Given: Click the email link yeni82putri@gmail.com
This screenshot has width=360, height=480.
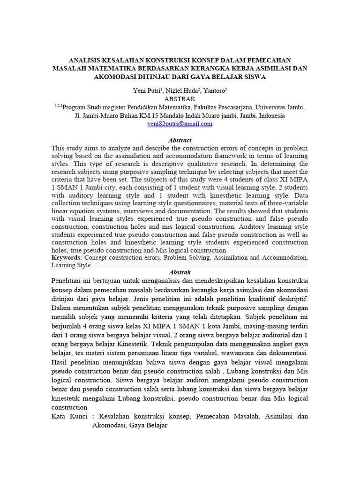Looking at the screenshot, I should pyautogui.click(x=180, y=124).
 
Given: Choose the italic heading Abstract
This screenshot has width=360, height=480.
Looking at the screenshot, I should pyautogui.click(x=180, y=140).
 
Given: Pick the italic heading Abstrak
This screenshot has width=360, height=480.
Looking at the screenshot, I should pyautogui.click(x=180, y=272).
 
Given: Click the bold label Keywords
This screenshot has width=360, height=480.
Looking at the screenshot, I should pyautogui.click(x=67, y=258).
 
